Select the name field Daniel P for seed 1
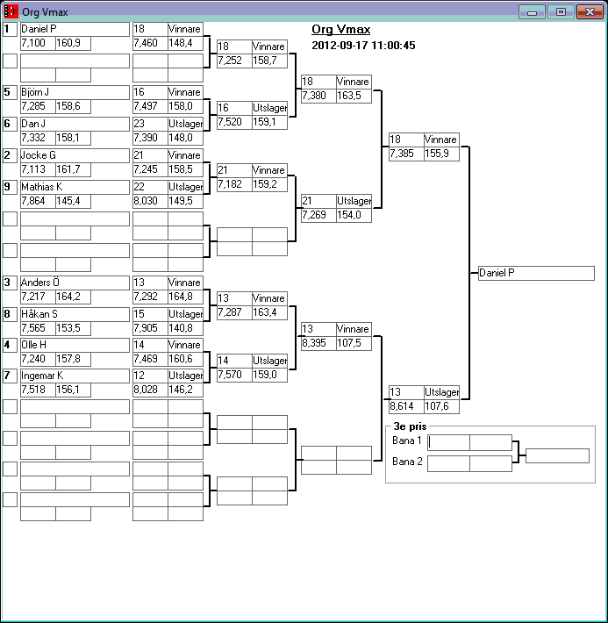[x=75, y=29]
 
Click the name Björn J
[x=75, y=92]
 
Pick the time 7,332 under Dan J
[x=38, y=139]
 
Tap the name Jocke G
[x=75, y=155]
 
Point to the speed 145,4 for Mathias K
[x=73, y=202]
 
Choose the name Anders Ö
[x=75, y=282]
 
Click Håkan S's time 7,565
[x=38, y=328]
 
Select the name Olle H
[x=75, y=345]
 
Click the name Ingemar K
[x=75, y=376]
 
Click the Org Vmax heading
[x=340, y=30]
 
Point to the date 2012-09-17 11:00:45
[x=363, y=45]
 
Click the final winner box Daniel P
[x=536, y=273]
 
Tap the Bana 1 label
[x=407, y=440]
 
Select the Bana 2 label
[x=407, y=462]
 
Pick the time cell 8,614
[x=406, y=407]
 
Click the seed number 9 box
[x=10, y=187]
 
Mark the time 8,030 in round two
[x=150, y=202]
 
